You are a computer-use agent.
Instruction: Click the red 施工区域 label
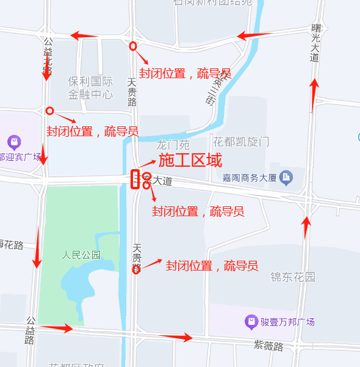(x=190, y=161)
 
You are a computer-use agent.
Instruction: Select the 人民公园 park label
(x=81, y=255)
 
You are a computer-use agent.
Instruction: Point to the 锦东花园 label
(x=293, y=277)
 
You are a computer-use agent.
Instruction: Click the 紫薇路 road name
(x=268, y=346)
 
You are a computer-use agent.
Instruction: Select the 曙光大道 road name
(x=315, y=43)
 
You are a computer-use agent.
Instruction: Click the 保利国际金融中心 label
(x=90, y=88)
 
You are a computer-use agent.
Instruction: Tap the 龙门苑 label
(x=173, y=145)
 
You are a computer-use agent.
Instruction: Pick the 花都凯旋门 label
(x=239, y=142)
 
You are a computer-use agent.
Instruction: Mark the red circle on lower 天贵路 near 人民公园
(x=136, y=269)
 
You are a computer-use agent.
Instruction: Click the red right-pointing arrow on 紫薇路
(x=178, y=336)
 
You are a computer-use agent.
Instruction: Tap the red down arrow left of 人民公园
(x=37, y=247)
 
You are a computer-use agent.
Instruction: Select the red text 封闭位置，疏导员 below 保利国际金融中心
(x=92, y=131)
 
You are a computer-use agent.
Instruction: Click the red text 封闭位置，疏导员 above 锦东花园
(x=212, y=266)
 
